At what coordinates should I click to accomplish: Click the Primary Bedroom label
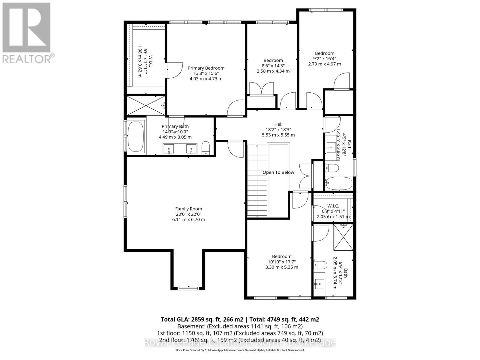[x=206, y=68]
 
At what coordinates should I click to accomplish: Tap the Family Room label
[x=188, y=209]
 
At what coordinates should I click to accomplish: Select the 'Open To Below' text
[x=278, y=172]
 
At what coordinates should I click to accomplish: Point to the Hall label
[x=278, y=124]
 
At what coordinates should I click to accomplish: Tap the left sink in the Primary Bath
[x=169, y=149]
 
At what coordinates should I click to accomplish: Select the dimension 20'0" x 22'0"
[x=188, y=214]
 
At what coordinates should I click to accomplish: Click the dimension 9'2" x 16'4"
[x=324, y=59]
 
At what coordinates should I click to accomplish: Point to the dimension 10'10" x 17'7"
[x=281, y=262]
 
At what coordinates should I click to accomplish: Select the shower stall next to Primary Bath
[x=146, y=105]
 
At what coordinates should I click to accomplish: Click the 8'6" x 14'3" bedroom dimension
[x=273, y=66]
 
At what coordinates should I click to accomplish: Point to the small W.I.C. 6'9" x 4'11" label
[x=333, y=206]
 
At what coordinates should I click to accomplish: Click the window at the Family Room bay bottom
[x=188, y=289]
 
